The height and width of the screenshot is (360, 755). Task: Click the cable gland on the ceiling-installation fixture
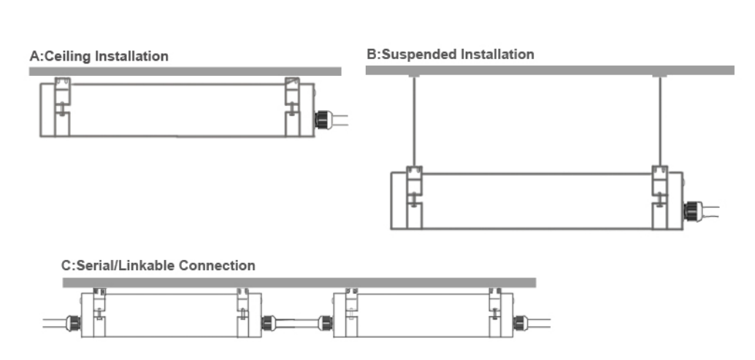[x=322, y=119]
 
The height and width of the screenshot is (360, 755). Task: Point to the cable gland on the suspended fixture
[x=691, y=211]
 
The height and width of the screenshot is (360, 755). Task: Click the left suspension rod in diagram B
[x=414, y=121]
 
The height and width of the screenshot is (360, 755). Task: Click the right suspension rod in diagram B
[x=659, y=121]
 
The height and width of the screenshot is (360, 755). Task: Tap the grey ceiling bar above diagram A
[x=185, y=72]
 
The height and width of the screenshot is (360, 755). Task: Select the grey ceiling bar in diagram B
[x=550, y=70]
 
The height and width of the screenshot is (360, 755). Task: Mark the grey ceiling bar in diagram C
[x=299, y=283]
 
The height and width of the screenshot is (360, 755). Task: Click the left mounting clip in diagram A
[x=62, y=107]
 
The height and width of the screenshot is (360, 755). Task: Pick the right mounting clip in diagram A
[x=293, y=107]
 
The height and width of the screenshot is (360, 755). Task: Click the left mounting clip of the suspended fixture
[x=415, y=197]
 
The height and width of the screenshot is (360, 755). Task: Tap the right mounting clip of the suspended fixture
[x=659, y=197]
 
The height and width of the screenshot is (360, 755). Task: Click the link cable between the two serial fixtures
[x=296, y=323]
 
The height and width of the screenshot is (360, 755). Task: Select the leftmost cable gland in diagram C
[x=73, y=323]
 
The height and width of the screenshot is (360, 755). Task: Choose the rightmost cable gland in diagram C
[x=519, y=323]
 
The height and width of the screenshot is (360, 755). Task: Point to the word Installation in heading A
[x=131, y=56]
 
